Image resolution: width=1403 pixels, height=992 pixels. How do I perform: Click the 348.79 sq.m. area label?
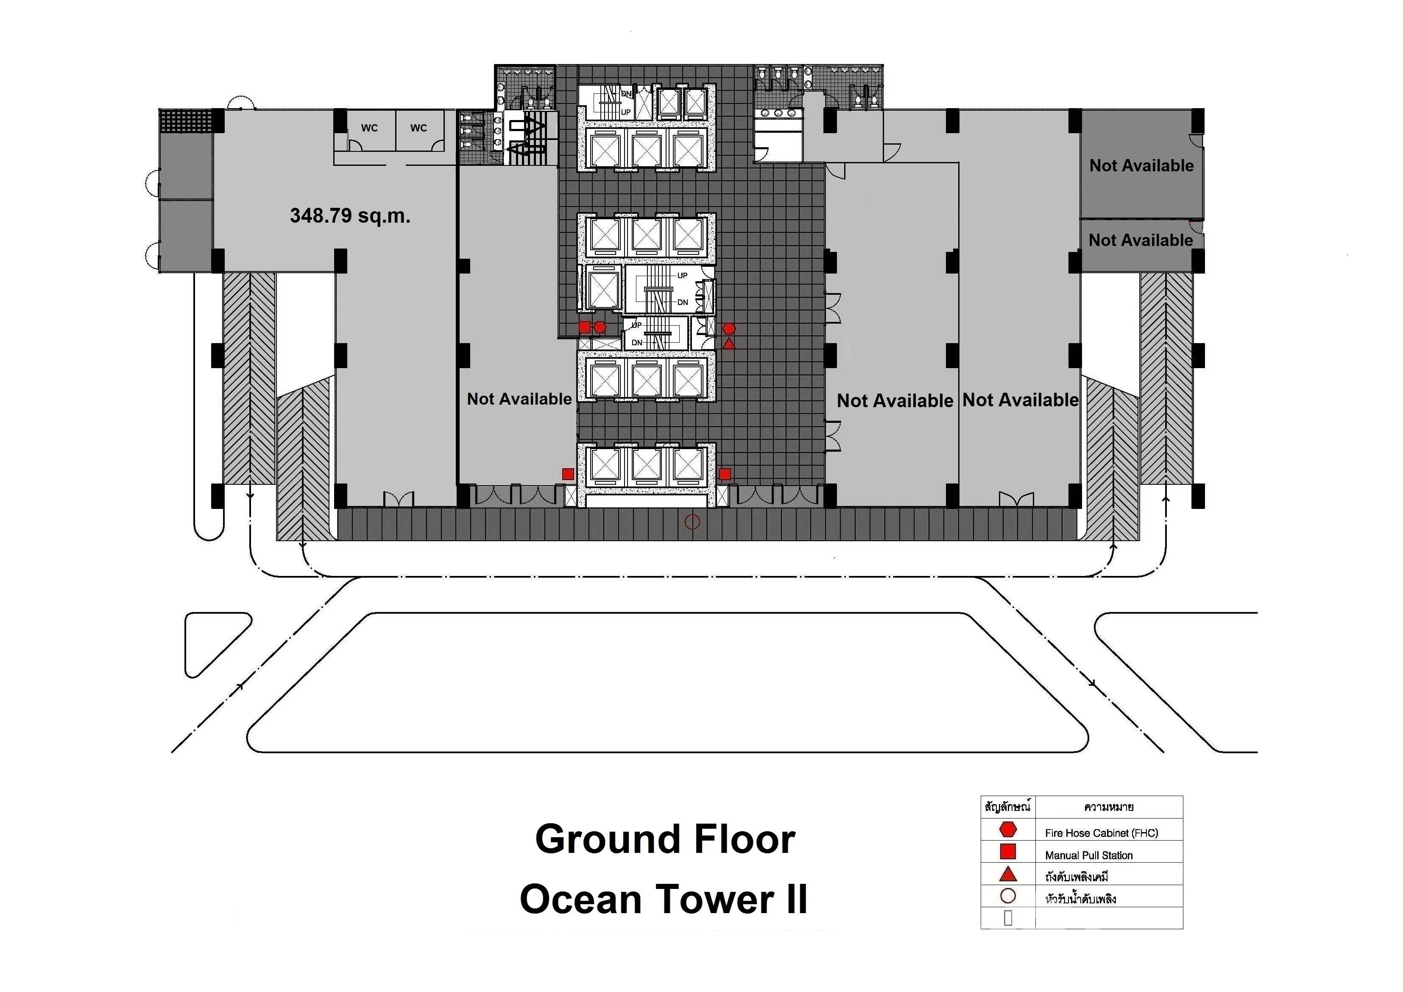click(350, 216)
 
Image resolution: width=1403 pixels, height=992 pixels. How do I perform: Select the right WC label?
click(418, 128)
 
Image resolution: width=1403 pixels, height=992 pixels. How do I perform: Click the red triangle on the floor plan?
click(729, 344)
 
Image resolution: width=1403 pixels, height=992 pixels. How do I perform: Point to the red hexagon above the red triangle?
click(729, 329)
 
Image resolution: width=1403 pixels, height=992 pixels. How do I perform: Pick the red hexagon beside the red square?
click(600, 327)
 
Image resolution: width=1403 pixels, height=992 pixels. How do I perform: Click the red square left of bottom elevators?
click(568, 474)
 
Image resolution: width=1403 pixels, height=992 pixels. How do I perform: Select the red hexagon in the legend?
click(1008, 830)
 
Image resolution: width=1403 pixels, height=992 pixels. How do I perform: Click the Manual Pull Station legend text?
click(1089, 855)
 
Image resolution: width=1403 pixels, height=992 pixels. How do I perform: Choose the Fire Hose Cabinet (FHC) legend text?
click(1102, 833)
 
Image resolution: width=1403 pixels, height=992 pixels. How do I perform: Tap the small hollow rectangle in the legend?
click(1008, 918)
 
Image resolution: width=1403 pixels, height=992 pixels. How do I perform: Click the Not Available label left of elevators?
click(519, 399)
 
